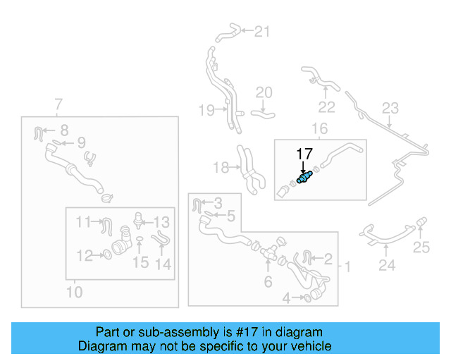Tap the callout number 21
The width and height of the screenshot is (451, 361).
pyautogui.click(x=262, y=31)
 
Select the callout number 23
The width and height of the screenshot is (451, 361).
pyautogui.click(x=390, y=109)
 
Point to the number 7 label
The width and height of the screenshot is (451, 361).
pyautogui.click(x=58, y=106)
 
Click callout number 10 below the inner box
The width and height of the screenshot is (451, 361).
pyautogui.click(x=74, y=291)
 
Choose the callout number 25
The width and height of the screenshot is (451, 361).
pyautogui.click(x=421, y=247)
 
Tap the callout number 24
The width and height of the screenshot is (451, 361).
pyautogui.click(x=387, y=266)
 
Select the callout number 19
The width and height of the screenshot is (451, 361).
pyautogui.click(x=205, y=110)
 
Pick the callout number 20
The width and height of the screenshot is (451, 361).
pyautogui.click(x=264, y=92)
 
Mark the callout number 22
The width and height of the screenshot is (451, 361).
pyautogui.click(x=326, y=107)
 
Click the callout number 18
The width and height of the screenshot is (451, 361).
pyautogui.click(x=221, y=167)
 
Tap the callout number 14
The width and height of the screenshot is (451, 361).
pyautogui.click(x=163, y=265)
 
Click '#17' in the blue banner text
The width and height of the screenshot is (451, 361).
pyautogui.click(x=242, y=332)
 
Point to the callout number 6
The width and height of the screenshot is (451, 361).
pyautogui.click(x=268, y=283)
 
